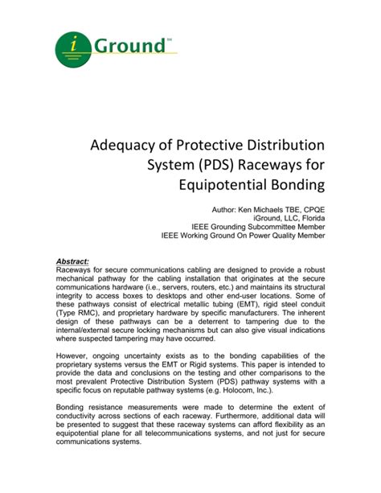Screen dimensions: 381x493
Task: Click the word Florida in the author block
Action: tap(309, 218)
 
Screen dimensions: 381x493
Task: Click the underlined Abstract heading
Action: tap(73, 261)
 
